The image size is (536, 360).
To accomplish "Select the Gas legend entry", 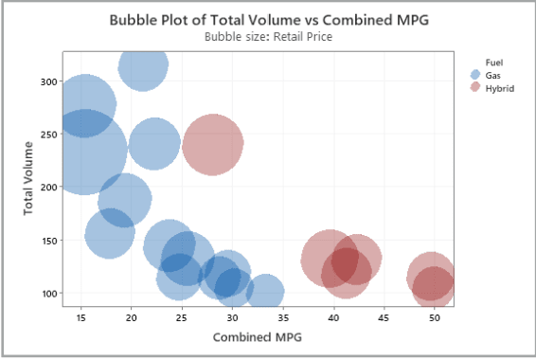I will tap(493, 74).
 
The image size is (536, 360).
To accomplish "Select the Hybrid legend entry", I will tap(498, 87).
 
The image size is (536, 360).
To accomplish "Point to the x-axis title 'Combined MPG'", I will tap(251, 336).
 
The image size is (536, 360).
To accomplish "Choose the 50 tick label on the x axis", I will tap(435, 317).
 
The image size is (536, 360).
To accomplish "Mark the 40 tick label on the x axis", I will tap(333, 317).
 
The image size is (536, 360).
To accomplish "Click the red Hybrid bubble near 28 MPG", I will tap(213, 144).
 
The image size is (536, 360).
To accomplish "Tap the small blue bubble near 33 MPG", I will tap(265, 292).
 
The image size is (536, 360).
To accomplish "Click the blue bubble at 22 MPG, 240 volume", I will tap(154, 143).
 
